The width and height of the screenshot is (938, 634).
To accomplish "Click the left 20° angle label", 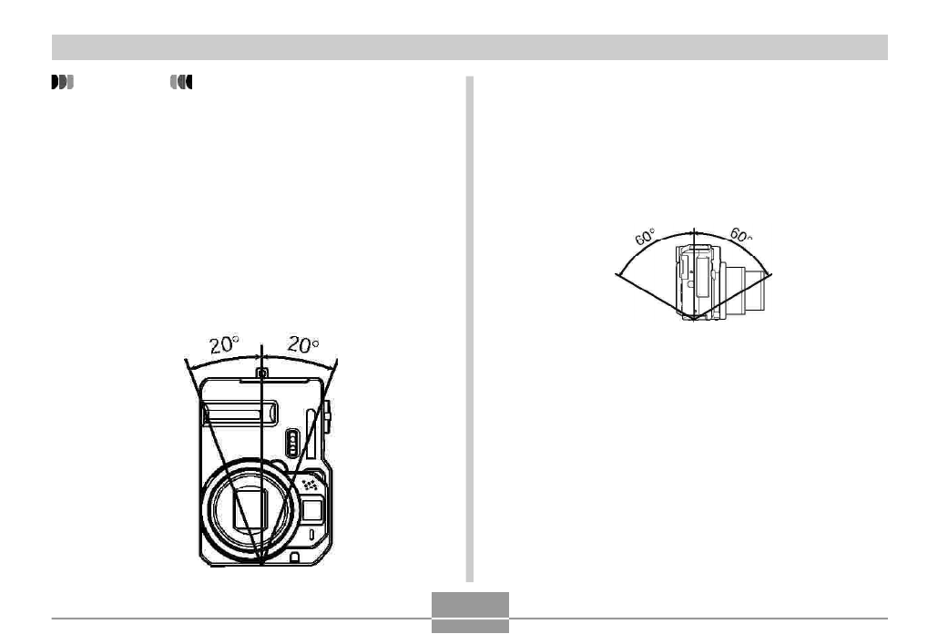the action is [x=224, y=344].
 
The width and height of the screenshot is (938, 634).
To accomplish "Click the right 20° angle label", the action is [x=302, y=344].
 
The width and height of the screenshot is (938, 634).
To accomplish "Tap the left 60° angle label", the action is [x=645, y=237].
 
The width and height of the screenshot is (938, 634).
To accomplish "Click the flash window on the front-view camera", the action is [x=240, y=413].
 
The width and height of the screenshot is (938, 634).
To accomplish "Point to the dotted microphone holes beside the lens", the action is [x=310, y=484].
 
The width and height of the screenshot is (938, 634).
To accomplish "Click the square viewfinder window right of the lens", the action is [x=311, y=510].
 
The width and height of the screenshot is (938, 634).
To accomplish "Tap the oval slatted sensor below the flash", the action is [x=292, y=444].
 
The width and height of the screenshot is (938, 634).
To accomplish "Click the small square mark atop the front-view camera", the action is [x=262, y=373].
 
